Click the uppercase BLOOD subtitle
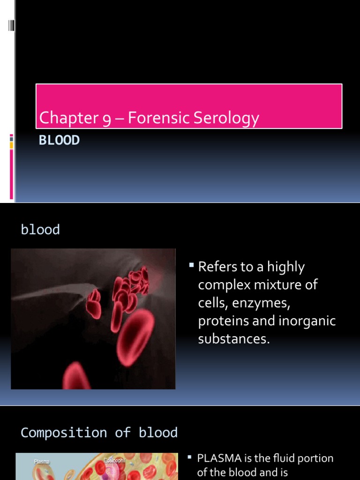[59, 140]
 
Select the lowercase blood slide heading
[40, 230]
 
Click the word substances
[234, 339]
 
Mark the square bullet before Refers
[191, 266]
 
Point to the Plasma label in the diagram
[41, 462]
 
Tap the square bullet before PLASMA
[190, 457]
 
